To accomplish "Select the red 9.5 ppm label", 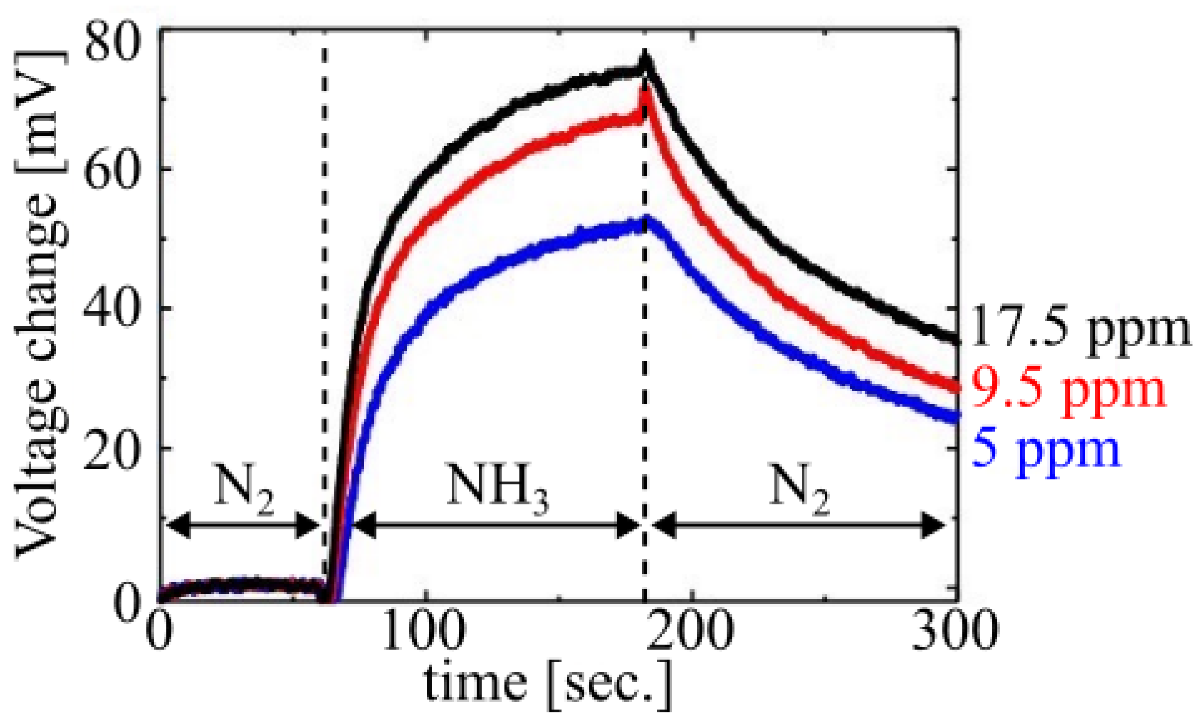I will tap(1069, 390).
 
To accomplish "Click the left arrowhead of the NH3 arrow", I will tap(363, 525).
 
